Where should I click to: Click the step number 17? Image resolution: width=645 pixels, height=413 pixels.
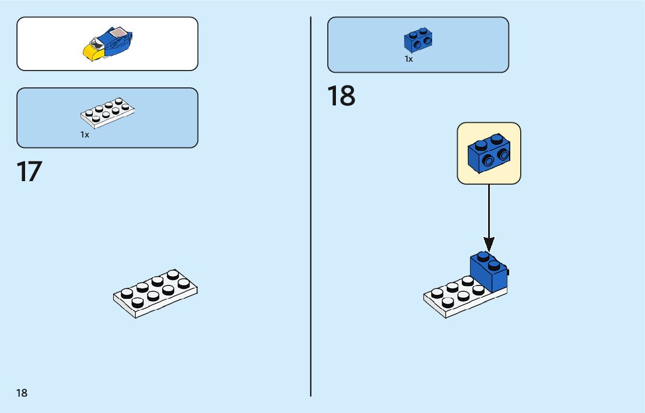click(x=29, y=172)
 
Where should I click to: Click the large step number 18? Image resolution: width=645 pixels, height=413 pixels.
click(x=341, y=96)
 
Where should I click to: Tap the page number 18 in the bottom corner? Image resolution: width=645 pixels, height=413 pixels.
click(x=22, y=393)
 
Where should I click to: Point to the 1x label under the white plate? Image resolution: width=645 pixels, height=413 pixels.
click(x=85, y=135)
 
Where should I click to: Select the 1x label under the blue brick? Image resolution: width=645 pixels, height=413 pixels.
click(x=409, y=59)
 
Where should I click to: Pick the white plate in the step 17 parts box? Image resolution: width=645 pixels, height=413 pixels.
click(x=108, y=112)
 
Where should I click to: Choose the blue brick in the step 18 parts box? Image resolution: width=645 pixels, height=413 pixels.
click(x=418, y=40)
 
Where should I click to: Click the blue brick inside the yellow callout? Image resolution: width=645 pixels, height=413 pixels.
click(x=488, y=154)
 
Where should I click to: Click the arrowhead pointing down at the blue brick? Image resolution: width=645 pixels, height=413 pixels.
click(x=489, y=244)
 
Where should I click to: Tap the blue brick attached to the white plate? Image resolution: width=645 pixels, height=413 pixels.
click(x=488, y=271)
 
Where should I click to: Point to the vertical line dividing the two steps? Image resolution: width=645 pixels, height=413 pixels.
click(x=311, y=233)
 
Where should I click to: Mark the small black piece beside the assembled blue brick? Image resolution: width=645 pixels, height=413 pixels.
click(x=508, y=271)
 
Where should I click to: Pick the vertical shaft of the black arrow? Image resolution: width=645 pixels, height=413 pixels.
click(x=489, y=210)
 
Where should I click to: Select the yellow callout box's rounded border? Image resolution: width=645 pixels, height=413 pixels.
click(x=458, y=153)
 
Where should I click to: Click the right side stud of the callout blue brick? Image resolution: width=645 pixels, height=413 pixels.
click(x=502, y=154)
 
